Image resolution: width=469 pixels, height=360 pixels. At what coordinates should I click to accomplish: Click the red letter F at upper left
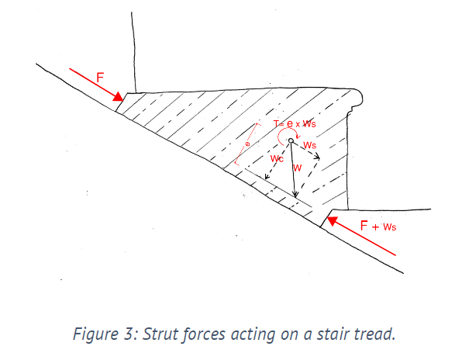[99, 78]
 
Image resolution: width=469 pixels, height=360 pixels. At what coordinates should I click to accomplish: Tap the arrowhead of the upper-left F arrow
[119, 98]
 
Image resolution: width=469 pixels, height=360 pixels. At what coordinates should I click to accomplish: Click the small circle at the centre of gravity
[291, 141]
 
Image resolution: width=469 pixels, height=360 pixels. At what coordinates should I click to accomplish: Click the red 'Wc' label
[277, 159]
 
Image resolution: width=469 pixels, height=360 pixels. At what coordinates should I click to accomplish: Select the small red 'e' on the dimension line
[247, 144]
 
